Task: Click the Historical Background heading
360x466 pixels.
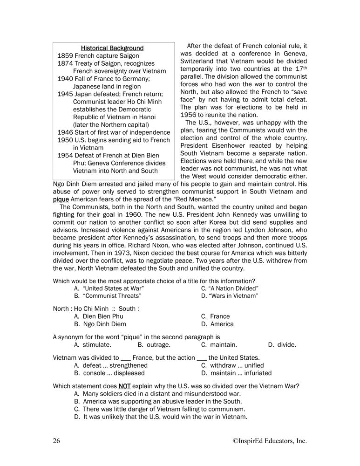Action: click(112, 48)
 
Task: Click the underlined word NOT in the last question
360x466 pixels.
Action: click(124, 386)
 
